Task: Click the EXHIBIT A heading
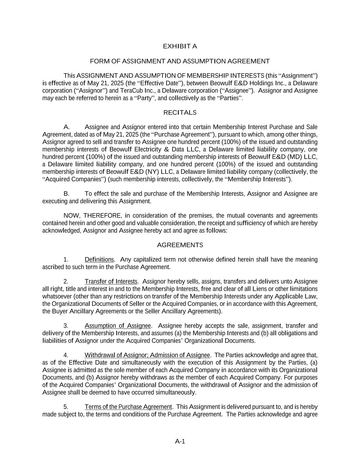pyautogui.click(x=180, y=46)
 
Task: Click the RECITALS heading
pyautogui.click(x=180, y=113)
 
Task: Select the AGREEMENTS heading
pyautogui.click(x=180, y=245)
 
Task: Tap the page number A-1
pyautogui.click(x=180, y=441)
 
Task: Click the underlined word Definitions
pyautogui.click(x=99, y=260)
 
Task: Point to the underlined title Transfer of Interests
pyautogui.click(x=111, y=282)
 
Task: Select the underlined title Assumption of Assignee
pyautogui.click(x=118, y=326)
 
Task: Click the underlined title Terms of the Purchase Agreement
pyautogui.click(x=128, y=407)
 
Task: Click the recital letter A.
pyautogui.click(x=67, y=127)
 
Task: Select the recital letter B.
pyautogui.click(x=67, y=194)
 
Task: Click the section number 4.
pyautogui.click(x=66, y=355)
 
